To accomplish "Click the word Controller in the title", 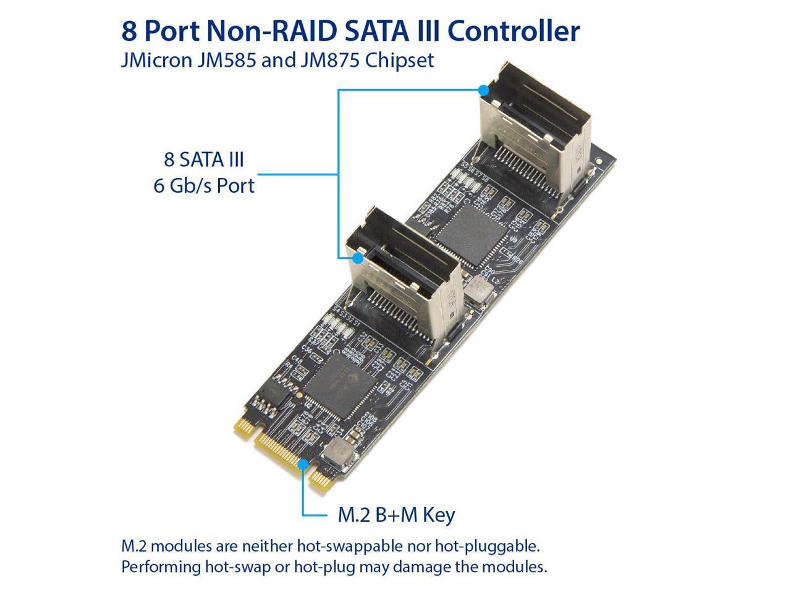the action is (x=516, y=30).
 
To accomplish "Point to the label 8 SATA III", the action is (x=204, y=159).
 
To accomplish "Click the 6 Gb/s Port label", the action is (x=204, y=185).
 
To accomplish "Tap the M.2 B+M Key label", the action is (x=396, y=515).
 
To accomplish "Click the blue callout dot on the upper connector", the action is (x=484, y=90).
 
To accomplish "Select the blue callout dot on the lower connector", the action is (x=357, y=258).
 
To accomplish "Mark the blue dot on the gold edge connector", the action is (x=303, y=464).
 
